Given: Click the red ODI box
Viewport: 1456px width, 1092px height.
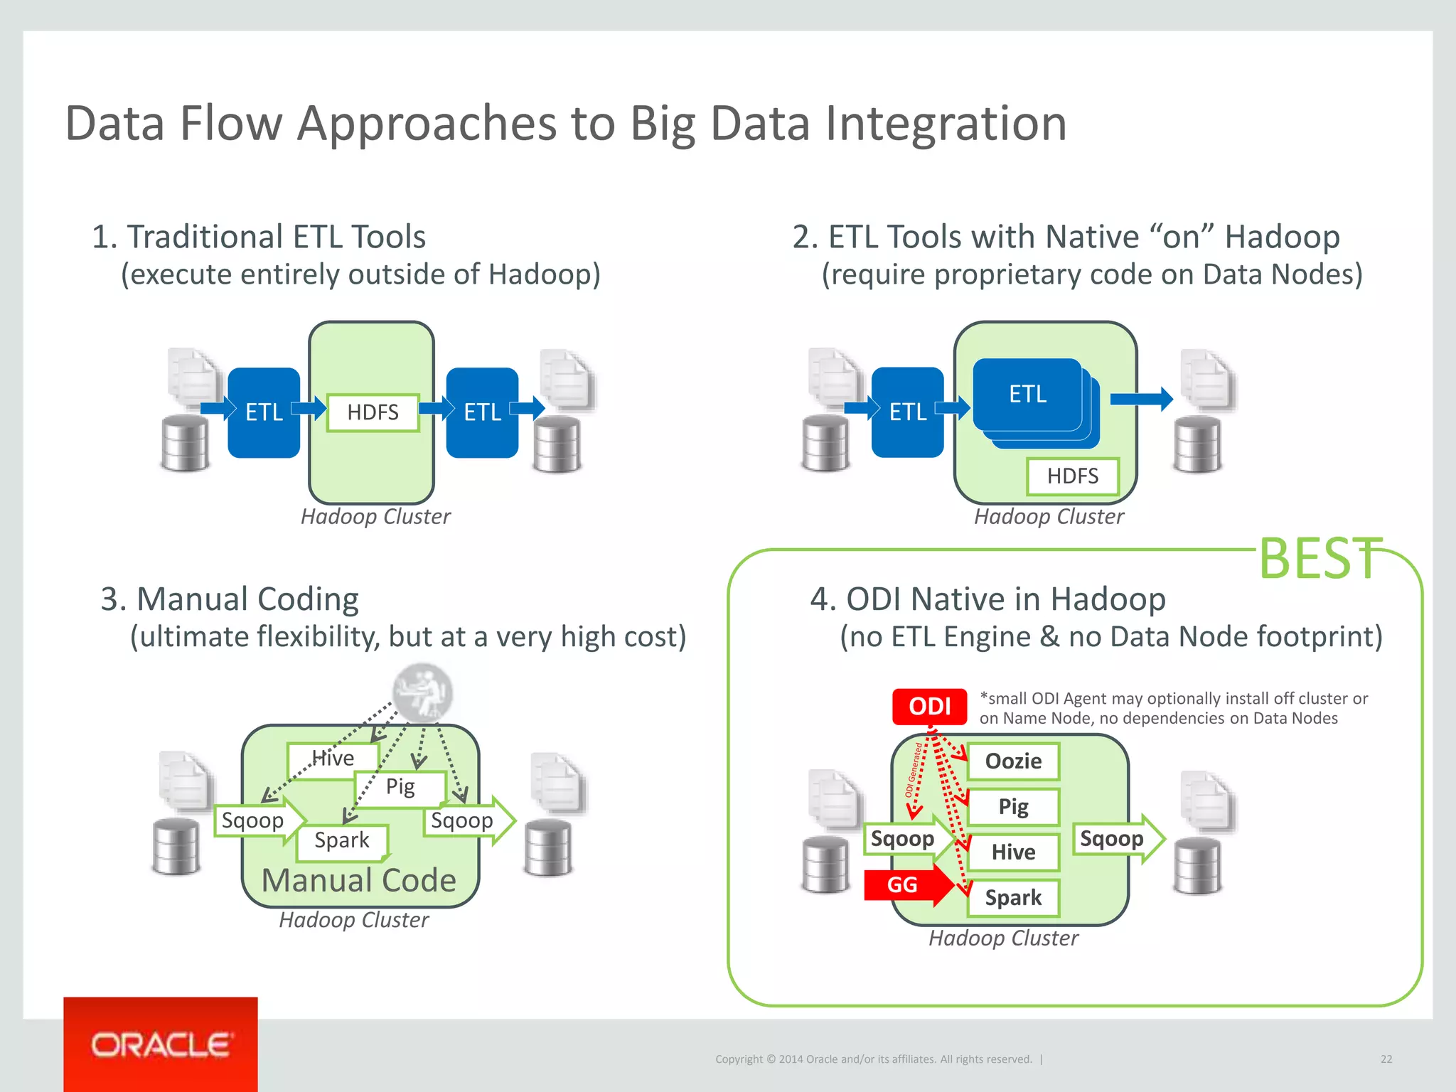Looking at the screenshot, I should click(x=929, y=707).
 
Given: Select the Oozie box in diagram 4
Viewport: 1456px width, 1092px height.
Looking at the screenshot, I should click(x=1013, y=761).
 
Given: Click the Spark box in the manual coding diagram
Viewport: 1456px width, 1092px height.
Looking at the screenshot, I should click(x=342, y=841).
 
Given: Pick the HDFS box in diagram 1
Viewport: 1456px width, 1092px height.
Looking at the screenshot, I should click(x=373, y=412).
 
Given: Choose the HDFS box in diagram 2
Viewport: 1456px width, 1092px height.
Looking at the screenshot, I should click(x=1072, y=476).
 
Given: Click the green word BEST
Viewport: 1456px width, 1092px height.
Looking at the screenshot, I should click(x=1319, y=559).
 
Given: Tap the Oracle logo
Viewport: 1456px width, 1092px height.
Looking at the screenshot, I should click(x=161, y=1045).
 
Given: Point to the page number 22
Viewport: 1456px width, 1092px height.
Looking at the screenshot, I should click(x=1386, y=1059).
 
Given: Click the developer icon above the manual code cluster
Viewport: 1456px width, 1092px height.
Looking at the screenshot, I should click(x=423, y=692).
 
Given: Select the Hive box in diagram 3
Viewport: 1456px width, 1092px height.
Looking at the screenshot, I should click(x=333, y=759).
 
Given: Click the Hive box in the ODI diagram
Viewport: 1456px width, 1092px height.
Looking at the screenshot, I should click(x=1013, y=852).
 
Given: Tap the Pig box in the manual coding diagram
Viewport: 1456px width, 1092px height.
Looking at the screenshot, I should click(x=400, y=788).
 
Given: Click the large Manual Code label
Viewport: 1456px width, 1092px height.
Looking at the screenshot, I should click(x=359, y=881).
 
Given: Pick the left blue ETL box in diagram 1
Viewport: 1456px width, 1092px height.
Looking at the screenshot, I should click(x=264, y=412).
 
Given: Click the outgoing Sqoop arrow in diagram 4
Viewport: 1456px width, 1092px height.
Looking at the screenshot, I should click(x=1114, y=839).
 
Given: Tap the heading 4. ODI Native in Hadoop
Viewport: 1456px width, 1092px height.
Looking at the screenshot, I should click(x=987, y=599).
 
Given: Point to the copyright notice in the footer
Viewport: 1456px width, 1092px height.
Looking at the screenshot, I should click(x=873, y=1059).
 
